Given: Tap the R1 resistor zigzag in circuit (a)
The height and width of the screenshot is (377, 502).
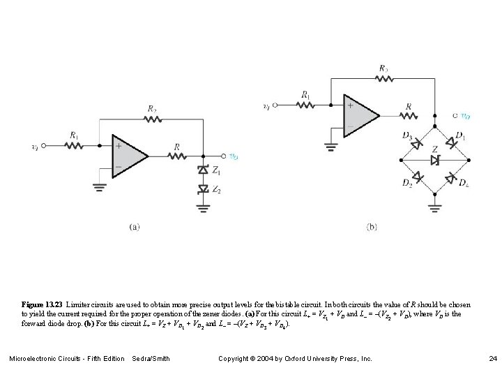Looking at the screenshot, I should pyautogui.click(x=75, y=146).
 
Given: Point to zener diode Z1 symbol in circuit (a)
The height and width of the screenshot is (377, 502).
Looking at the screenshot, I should pyautogui.click(x=203, y=170).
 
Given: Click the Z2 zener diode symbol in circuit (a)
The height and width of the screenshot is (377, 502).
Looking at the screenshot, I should pyautogui.click(x=203, y=188).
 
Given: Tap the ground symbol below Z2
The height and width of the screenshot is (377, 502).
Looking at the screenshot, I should pyautogui.click(x=203, y=206).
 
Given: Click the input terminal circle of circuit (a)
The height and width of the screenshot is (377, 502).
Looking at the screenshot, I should pyautogui.click(x=43, y=146).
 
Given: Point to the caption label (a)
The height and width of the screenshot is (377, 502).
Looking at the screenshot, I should pyautogui.click(x=135, y=226).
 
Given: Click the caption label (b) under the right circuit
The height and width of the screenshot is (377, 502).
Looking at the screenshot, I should pyautogui.click(x=372, y=226).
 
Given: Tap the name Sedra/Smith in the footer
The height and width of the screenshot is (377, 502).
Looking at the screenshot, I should pyautogui.click(x=151, y=359).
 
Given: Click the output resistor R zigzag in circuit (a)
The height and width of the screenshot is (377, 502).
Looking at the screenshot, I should pyautogui.click(x=178, y=156).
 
